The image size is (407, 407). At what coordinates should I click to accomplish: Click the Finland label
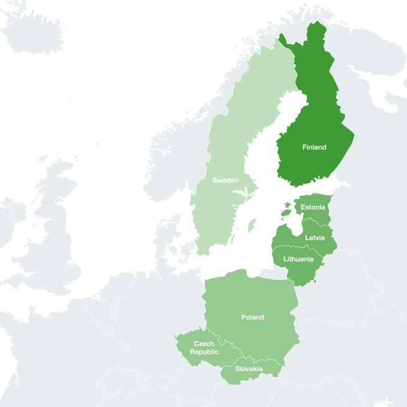tap(314, 147)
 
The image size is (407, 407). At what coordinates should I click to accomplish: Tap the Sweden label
tap(225, 180)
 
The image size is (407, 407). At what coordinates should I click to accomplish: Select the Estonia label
tap(312, 207)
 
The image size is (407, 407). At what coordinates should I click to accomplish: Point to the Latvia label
tap(314, 238)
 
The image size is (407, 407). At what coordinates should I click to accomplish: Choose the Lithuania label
tap(298, 259)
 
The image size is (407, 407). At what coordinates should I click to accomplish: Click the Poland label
tap(253, 317)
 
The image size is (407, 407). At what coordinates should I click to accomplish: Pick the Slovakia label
tap(249, 369)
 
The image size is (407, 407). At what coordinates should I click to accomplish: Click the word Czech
tap(204, 344)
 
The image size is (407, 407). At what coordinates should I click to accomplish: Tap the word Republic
tap(204, 352)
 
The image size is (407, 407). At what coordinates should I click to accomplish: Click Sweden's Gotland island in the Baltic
tap(251, 224)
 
